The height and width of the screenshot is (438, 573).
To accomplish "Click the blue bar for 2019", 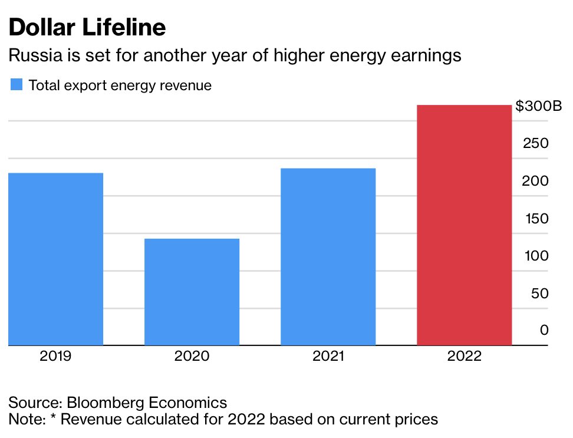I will [56, 259].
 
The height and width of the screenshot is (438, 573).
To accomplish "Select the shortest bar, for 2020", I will [192, 292].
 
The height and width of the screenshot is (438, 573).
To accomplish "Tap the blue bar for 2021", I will [328, 256].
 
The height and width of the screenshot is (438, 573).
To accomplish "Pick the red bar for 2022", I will [464, 225].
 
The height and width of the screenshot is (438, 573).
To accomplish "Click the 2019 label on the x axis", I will [56, 356].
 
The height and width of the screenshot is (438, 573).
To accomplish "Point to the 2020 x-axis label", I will [192, 356].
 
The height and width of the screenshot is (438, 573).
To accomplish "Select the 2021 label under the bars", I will [328, 356].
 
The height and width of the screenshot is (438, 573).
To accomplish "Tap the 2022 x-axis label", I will [464, 356].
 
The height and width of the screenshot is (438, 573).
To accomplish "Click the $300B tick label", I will [539, 107].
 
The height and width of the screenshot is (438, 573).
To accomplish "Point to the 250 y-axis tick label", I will [536, 143].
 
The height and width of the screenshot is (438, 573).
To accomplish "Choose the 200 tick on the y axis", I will [536, 181].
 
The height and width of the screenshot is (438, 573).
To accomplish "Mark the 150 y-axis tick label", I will [536, 219].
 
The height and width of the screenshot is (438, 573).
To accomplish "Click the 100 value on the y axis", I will [536, 256].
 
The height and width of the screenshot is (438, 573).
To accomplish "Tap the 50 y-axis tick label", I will [539, 294].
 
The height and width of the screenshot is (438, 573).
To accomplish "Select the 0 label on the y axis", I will [544, 330].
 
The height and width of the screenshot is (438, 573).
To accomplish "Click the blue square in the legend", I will [17, 85].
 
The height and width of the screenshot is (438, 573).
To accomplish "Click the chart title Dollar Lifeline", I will [87, 28].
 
